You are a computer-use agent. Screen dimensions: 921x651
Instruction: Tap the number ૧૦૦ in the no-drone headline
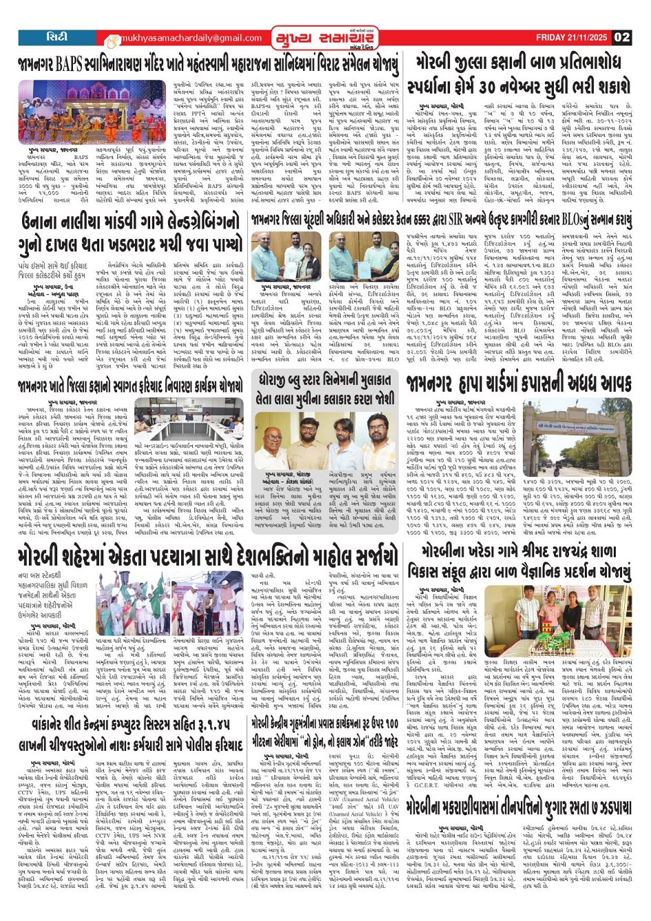pyautogui.click(x=389, y=723)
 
